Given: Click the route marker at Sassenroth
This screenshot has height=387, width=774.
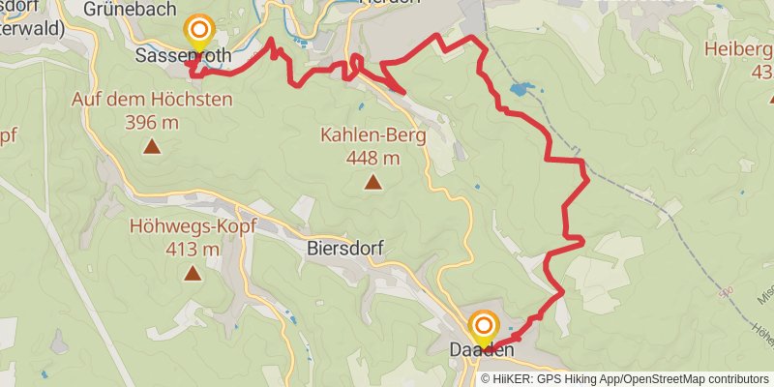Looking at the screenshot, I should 199,30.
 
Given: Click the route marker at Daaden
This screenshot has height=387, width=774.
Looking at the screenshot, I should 484,326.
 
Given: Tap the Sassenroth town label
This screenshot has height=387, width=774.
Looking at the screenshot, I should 184,56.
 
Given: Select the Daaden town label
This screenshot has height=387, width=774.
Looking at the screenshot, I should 482,349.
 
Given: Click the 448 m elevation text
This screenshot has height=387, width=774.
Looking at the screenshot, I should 373,159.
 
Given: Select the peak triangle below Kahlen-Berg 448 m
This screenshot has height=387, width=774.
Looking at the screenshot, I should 372,181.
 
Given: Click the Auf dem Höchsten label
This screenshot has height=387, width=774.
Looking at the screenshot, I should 152,100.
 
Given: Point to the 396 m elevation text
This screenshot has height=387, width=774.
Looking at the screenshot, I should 152,122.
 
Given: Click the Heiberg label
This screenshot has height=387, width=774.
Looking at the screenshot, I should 739,50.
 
